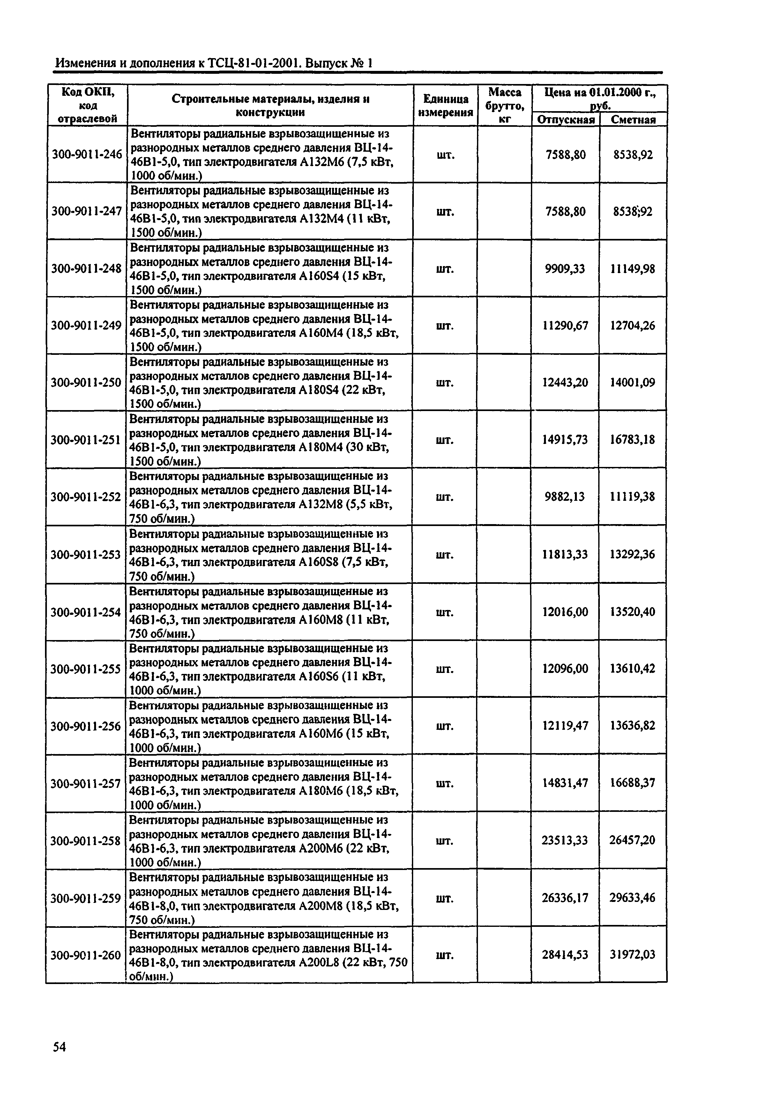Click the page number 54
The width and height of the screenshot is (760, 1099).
60,1047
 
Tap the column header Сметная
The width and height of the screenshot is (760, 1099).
633,120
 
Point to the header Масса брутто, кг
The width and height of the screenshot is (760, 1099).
505,105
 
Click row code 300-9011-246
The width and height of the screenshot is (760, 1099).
87,154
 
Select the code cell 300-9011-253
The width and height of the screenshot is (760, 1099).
86,554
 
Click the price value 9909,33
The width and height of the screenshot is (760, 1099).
565,269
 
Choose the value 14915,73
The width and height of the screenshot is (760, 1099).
565,439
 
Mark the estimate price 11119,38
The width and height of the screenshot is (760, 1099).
633,497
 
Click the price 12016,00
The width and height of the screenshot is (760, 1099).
565,611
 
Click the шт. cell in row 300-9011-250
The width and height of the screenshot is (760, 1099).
445,383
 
